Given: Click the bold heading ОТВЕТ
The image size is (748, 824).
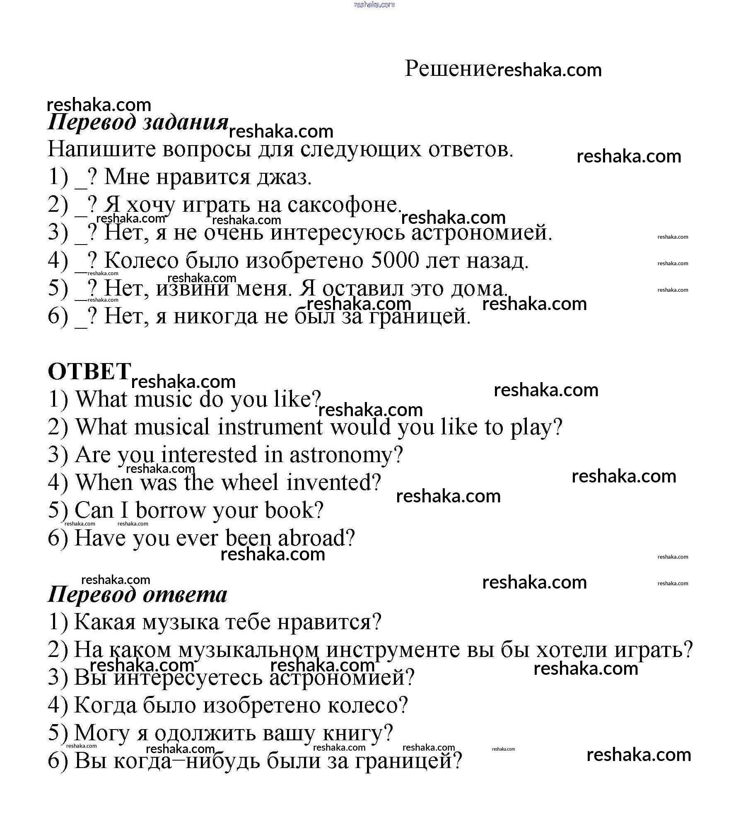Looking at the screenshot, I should point(89,371).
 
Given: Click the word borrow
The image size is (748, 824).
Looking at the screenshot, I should point(170,510).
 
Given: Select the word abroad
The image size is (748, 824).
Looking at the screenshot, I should point(316,538).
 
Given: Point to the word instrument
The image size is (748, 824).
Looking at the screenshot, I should point(270,427).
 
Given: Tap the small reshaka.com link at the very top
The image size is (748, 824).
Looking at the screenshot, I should point(374,5).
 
